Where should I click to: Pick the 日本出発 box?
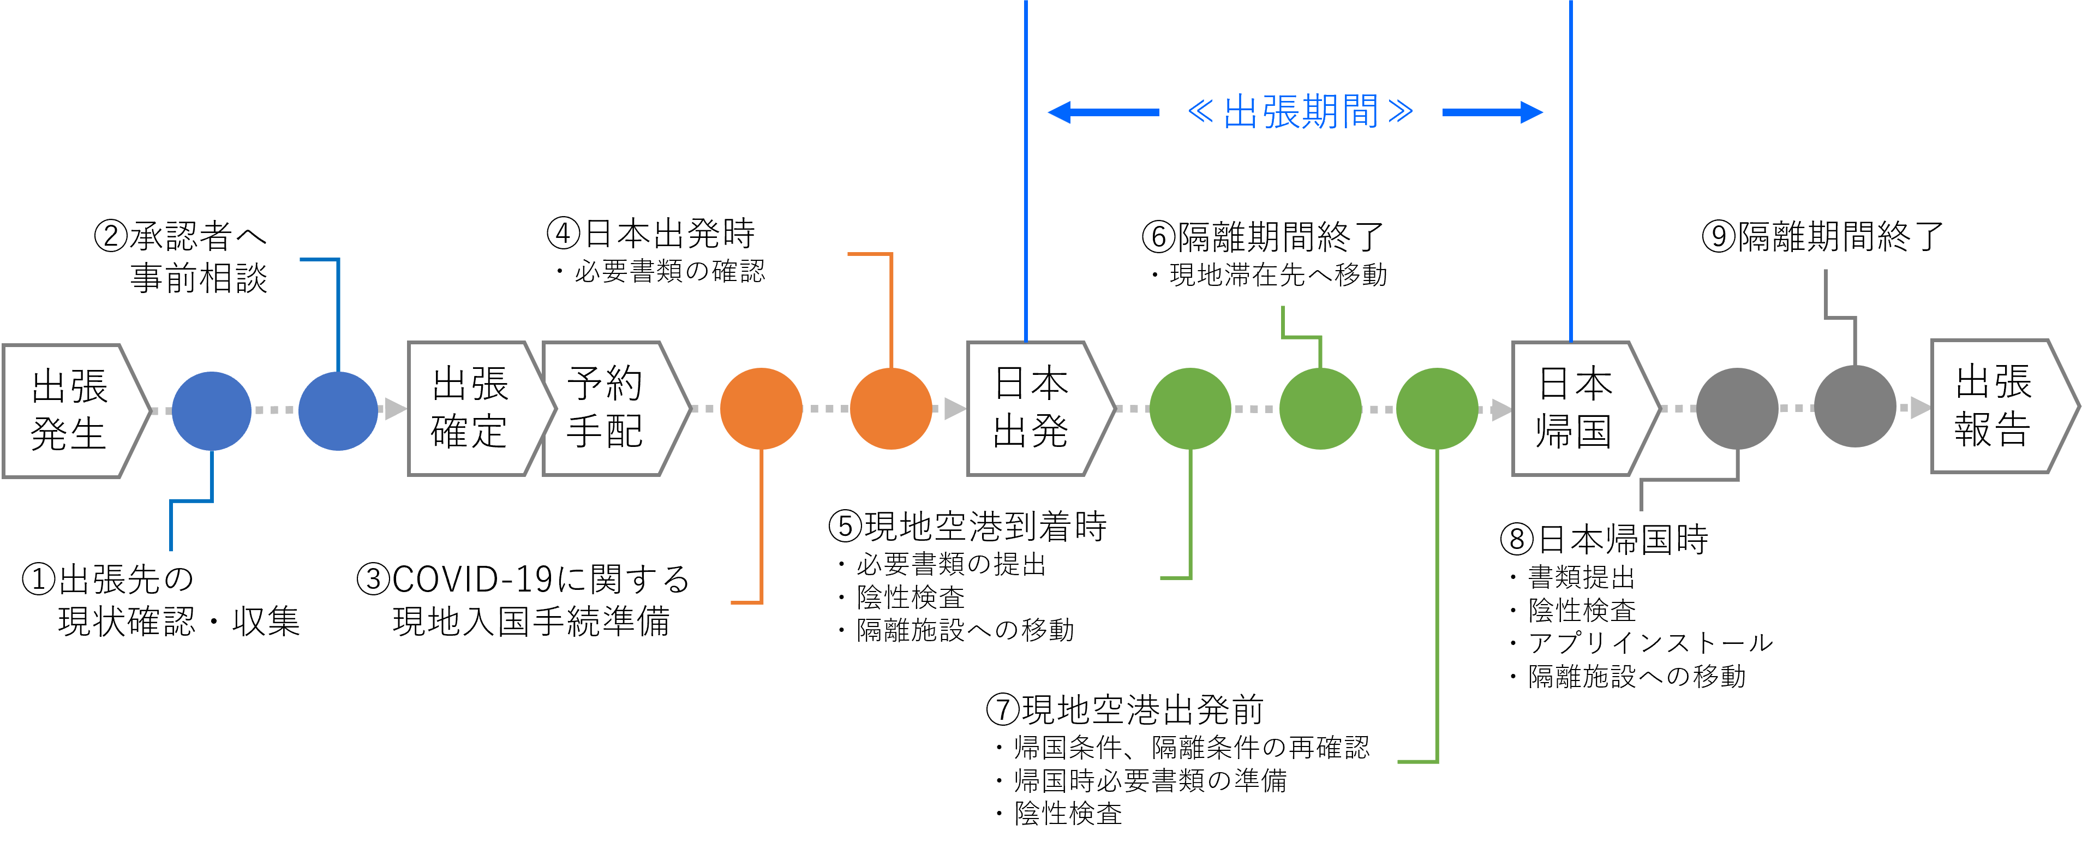pyautogui.click(x=1031, y=408)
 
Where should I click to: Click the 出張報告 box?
pyautogui.click(x=1995, y=407)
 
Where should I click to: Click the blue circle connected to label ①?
pyautogui.click(x=212, y=411)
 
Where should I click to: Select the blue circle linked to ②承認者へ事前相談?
pyautogui.click(x=338, y=411)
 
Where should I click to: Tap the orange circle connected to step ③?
pyautogui.click(x=761, y=408)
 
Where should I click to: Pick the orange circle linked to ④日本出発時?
pyautogui.click(x=890, y=408)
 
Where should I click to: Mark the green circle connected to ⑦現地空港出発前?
pyautogui.click(x=1437, y=408)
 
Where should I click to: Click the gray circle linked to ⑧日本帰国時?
pyautogui.click(x=1737, y=408)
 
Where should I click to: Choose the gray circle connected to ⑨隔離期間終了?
pyautogui.click(x=1855, y=407)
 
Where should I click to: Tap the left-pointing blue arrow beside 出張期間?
pyautogui.click(x=1103, y=112)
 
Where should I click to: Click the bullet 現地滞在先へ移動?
pyautogui.click(x=1278, y=276)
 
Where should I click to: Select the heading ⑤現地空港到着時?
pyautogui.click(x=967, y=526)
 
